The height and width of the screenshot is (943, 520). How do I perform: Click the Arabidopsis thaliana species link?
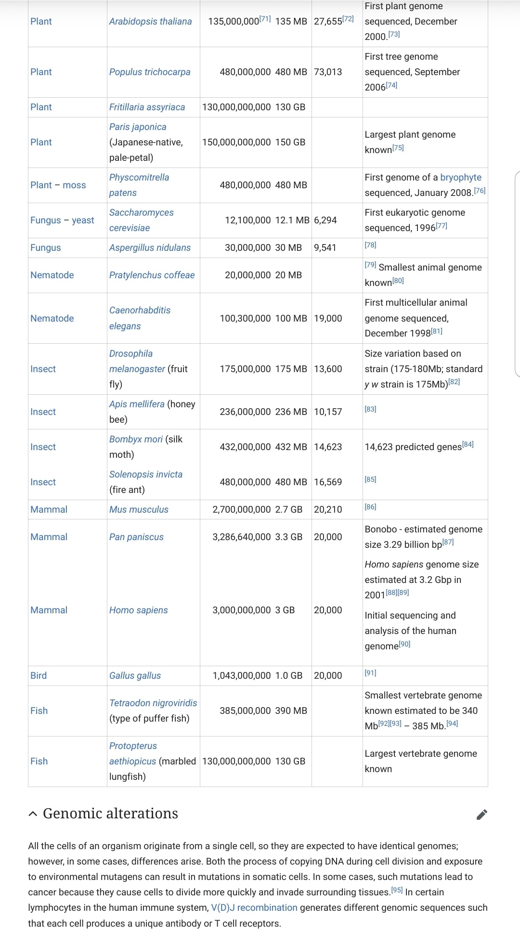coord(150,21)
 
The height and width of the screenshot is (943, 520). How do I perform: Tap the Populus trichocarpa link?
coord(150,72)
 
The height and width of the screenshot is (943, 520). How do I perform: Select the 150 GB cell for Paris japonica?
coord(290,142)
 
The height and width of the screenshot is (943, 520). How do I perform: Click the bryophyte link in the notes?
coord(461,177)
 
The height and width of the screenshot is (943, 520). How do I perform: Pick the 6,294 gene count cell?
coord(325,220)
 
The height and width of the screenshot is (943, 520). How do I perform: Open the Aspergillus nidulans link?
coord(150,247)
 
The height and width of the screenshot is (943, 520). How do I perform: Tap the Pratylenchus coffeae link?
coord(152,275)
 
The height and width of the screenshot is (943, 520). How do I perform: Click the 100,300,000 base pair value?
coord(245,318)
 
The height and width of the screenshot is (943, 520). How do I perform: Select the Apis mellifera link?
coord(137,404)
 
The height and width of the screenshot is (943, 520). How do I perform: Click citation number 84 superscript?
coord(468,444)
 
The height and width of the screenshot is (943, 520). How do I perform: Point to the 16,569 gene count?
coord(328,482)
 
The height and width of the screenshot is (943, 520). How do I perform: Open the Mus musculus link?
coord(139,509)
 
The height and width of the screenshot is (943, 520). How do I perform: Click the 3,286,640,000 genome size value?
coord(242,537)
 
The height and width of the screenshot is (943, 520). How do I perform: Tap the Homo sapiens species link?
coord(139,610)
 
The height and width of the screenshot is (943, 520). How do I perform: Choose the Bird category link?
coord(39,675)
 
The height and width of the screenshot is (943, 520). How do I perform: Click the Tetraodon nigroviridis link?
coord(153,703)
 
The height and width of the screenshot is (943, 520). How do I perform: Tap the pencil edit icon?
coord(481,814)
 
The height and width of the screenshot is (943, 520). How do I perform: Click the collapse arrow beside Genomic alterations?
coord(33,814)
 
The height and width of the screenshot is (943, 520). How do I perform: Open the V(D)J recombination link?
coord(254,907)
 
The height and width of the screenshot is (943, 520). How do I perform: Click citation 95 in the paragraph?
coord(397,890)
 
